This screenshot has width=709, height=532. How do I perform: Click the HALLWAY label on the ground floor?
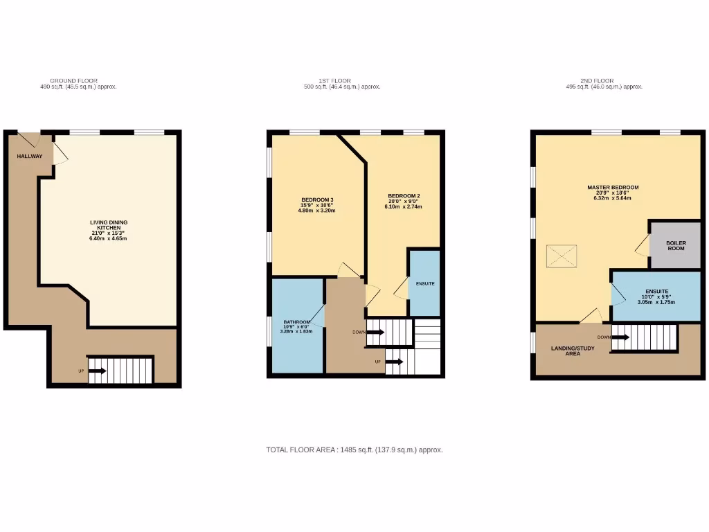click(x=30, y=156)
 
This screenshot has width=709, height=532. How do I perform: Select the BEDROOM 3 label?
click(x=316, y=200)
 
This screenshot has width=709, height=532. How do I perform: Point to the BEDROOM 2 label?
click(x=403, y=195)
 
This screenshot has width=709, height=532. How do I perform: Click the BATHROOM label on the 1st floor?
click(x=296, y=322)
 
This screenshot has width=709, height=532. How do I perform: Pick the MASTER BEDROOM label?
click(x=613, y=187)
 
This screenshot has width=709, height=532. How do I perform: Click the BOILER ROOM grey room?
click(x=676, y=245)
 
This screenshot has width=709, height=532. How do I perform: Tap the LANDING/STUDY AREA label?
click(x=572, y=351)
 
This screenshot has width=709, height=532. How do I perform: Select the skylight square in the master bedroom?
click(x=562, y=256)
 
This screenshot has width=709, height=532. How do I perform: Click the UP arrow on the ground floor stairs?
click(x=97, y=371)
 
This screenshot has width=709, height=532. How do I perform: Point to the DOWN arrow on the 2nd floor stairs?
click(x=620, y=337)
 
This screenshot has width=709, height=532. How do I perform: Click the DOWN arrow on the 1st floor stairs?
click(x=375, y=332)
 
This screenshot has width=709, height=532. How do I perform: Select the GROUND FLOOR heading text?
click(x=73, y=81)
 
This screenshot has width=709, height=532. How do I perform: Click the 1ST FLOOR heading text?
click(x=342, y=81)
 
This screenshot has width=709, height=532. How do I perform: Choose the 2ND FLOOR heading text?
click(x=604, y=81)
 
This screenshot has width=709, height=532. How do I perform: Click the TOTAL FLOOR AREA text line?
click(x=354, y=450)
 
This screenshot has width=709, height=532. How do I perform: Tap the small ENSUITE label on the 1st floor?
click(x=425, y=284)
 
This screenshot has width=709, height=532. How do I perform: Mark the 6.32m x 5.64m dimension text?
click(x=612, y=198)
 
